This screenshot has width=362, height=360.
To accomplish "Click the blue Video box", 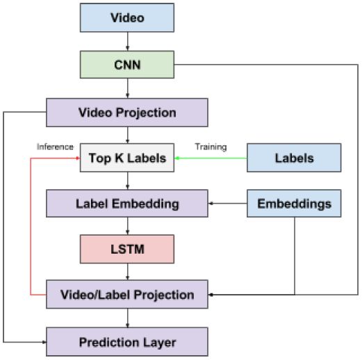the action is tap(127, 17).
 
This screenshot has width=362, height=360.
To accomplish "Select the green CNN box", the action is tap(127, 65).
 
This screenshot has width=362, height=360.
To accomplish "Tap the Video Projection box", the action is tap(127, 113).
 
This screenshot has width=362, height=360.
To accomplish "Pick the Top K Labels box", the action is tap(127, 158).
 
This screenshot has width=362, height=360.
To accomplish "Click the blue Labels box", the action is tap(294, 158).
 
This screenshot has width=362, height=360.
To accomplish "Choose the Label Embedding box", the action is tap(127, 204).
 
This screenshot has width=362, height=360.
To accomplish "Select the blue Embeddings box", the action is tap(294, 204).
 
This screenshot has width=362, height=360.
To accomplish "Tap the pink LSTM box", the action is tap(127, 249).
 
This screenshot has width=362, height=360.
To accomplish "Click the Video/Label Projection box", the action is tap(127, 294).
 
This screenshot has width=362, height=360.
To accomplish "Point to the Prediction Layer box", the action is tap(127, 342).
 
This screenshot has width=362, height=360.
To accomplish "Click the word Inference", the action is tap(55, 147).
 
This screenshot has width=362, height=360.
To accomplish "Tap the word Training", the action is tap(211, 147).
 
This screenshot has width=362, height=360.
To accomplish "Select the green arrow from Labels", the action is tap(211, 158).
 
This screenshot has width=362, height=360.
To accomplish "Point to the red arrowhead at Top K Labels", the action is tap(79, 158).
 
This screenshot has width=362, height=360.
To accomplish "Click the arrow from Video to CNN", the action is tap(127, 42).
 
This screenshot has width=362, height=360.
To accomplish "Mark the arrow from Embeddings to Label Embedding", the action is tap(228, 204).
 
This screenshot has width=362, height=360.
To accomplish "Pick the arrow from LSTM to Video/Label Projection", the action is tap(127, 272).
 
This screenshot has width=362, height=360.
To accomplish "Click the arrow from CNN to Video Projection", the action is tap(127, 88).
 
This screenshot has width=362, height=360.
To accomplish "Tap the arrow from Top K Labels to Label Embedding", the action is tap(127, 181).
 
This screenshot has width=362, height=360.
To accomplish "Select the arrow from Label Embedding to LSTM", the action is tap(127, 226).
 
